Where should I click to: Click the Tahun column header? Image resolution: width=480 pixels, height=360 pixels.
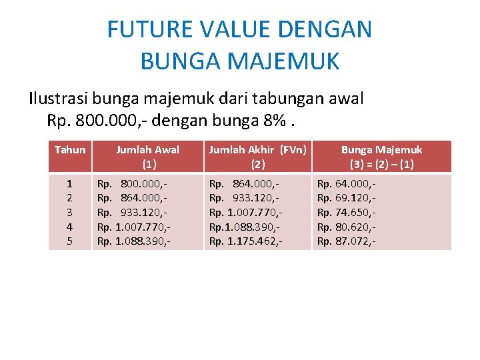point(70,150)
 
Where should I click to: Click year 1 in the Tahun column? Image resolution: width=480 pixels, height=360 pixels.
point(69,183)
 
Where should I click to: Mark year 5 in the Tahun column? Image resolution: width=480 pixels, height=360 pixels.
point(69,241)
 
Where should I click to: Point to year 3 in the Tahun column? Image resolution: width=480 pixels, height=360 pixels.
point(69,212)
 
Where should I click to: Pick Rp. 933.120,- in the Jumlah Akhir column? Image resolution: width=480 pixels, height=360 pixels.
point(244,197)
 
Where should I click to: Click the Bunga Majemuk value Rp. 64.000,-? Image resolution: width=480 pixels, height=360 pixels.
point(346,183)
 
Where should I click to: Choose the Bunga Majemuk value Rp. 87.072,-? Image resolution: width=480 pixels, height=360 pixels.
point(346,241)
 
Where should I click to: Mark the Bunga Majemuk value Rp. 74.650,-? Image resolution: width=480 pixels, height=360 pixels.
point(346,212)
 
